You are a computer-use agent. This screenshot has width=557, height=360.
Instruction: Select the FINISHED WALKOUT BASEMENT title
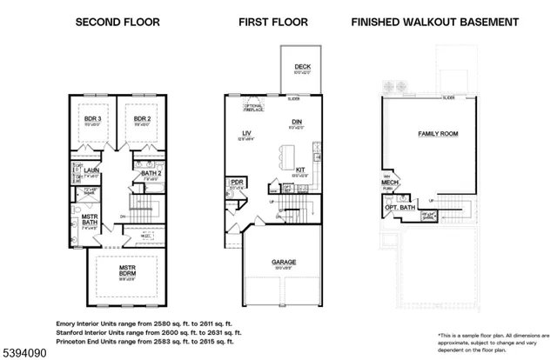(434, 21)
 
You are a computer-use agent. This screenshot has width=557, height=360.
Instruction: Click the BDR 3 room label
(93, 118)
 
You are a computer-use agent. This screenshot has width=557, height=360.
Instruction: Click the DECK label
(301, 65)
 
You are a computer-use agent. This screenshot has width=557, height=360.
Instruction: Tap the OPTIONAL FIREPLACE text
(253, 107)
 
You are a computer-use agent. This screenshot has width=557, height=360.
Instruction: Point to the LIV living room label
(246, 133)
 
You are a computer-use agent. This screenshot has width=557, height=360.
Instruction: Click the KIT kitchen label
(300, 170)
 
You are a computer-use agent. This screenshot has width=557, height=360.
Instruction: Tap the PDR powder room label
(235, 182)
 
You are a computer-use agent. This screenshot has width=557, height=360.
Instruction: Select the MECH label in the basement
(390, 183)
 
